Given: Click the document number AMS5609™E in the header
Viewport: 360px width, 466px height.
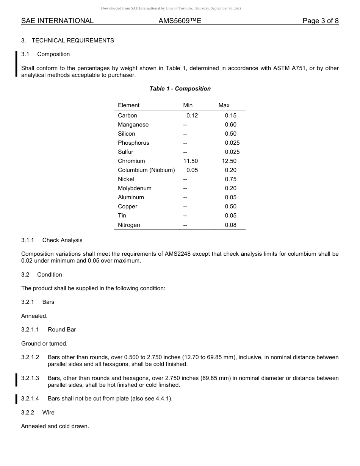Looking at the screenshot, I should pyautogui.click(x=180, y=21).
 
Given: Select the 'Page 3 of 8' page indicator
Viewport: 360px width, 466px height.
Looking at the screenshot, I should pyautogui.click(x=320, y=21).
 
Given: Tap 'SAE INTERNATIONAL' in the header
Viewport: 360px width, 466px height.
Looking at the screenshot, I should pyautogui.click(x=57, y=21).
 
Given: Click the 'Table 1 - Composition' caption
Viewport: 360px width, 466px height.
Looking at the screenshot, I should pyautogui.click(x=180, y=89).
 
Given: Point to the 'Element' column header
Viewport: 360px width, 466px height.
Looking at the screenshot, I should pyautogui.click(x=128, y=105).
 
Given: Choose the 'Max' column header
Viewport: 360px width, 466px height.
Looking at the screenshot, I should pyautogui.click(x=224, y=105).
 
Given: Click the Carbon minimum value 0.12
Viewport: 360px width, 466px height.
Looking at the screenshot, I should pyautogui.click(x=192, y=116).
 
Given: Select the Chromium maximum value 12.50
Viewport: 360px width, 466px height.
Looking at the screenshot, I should pyautogui.click(x=229, y=161).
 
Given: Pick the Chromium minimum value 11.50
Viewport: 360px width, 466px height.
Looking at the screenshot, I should pyautogui.click(x=190, y=161).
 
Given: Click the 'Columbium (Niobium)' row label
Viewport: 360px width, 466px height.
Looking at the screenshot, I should pyautogui.click(x=146, y=170).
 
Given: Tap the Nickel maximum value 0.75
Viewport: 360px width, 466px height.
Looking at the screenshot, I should pyautogui.click(x=230, y=179).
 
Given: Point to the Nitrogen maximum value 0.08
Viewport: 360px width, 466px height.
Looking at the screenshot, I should pyautogui.click(x=230, y=225).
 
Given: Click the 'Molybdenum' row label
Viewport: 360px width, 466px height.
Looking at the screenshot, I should pyautogui.click(x=135, y=188).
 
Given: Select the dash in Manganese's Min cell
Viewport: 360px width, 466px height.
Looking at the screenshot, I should pyautogui.click(x=185, y=125).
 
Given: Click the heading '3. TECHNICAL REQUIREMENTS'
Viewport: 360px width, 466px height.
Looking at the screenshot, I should pyautogui.click(x=67, y=41).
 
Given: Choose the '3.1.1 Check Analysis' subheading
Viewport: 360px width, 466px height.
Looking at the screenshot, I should pyautogui.click(x=52, y=240).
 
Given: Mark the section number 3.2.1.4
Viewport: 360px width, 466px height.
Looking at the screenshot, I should pyautogui.click(x=30, y=399).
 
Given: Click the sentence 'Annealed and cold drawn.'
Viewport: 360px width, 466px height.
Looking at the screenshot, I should pyautogui.click(x=55, y=426).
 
